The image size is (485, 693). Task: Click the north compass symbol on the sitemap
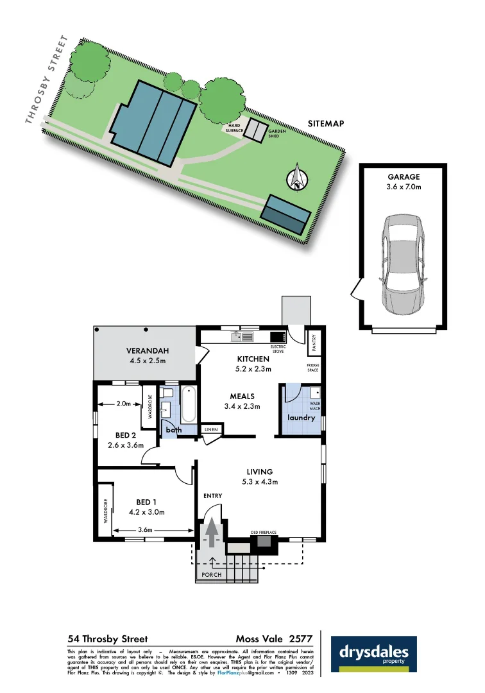pyautogui.click(x=297, y=178)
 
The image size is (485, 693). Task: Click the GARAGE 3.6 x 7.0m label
pyautogui.click(x=404, y=182)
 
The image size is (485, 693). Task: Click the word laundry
pyautogui.click(x=302, y=418)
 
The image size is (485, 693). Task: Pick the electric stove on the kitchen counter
pyautogui.click(x=278, y=337)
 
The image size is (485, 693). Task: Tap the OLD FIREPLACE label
pyautogui.click(x=263, y=533)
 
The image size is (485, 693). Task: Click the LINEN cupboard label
pyautogui.click(x=210, y=429)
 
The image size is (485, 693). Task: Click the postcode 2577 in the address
pyautogui.click(x=300, y=638)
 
